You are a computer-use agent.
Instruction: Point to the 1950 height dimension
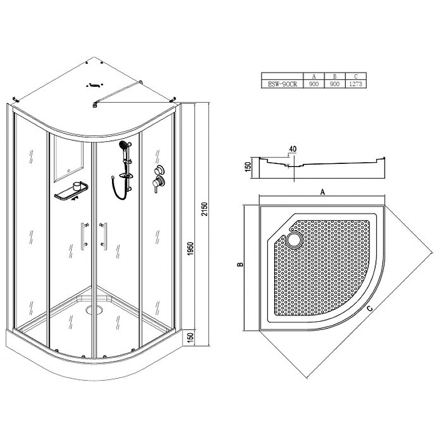(190, 249)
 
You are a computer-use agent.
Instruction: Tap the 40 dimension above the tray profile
(293, 149)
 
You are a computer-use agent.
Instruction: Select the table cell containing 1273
(356, 84)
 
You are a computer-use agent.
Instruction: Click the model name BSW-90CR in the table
(282, 84)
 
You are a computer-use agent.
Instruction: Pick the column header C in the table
(356, 76)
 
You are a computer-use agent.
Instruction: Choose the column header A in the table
(314, 76)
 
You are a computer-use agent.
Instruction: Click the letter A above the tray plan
(322, 192)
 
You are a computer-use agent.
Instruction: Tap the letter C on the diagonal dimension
(369, 309)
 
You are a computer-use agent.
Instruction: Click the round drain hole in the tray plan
(294, 239)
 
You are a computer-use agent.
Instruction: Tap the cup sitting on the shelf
(76, 185)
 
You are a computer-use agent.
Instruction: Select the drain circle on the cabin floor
(93, 309)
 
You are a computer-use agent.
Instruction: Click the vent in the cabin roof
(95, 85)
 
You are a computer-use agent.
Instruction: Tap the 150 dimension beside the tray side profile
(248, 167)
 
